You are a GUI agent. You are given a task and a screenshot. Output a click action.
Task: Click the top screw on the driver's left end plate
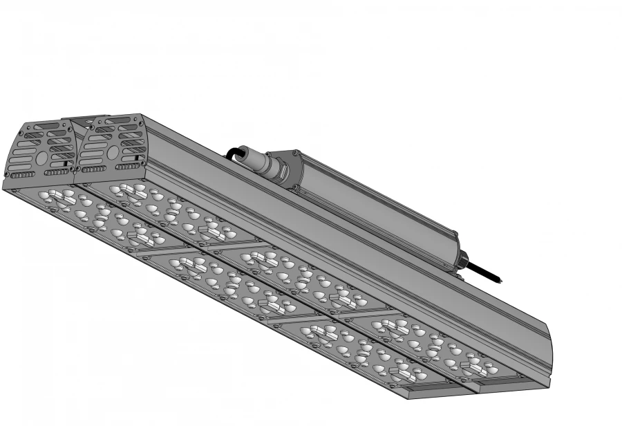click(x=295, y=153)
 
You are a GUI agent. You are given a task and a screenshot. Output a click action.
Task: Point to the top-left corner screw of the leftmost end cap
click(x=22, y=128)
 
